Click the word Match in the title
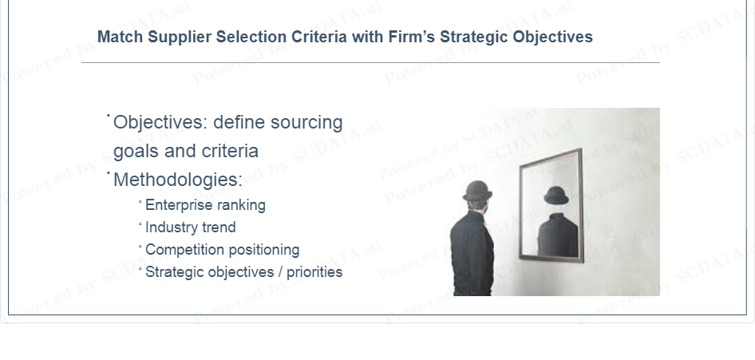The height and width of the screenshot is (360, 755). coord(120,37)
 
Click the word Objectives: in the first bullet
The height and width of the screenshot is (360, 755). coord(160,122)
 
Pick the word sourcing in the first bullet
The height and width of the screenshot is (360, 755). coord(306,123)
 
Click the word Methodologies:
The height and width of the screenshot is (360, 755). coord(178,180)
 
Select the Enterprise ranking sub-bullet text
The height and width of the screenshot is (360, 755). coord(205,205)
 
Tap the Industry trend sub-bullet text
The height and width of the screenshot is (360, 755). coord(190,227)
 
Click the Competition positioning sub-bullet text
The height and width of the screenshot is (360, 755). coord(222,250)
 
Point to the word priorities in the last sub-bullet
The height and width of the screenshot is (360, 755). coord(314,272)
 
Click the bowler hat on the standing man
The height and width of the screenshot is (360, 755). coord(477,191)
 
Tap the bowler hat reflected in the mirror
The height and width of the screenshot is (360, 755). coord(556,195)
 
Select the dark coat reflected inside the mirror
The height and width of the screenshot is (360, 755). coord(558,235)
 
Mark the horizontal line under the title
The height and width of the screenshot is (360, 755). coord(370,62)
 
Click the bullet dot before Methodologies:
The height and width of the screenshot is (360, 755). coord(109,172)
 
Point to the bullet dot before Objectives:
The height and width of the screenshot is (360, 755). coord(109,115)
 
